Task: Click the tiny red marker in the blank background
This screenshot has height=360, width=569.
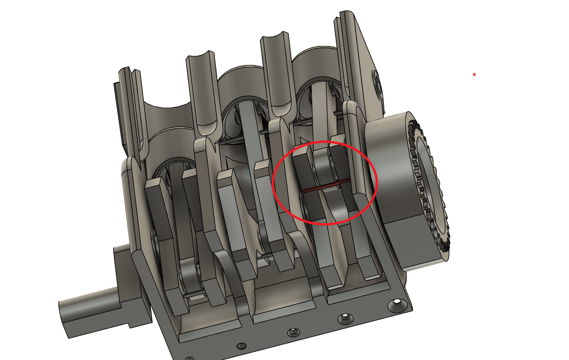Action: (x=474, y=74)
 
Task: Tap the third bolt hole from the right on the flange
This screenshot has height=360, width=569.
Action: (x=293, y=332)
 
